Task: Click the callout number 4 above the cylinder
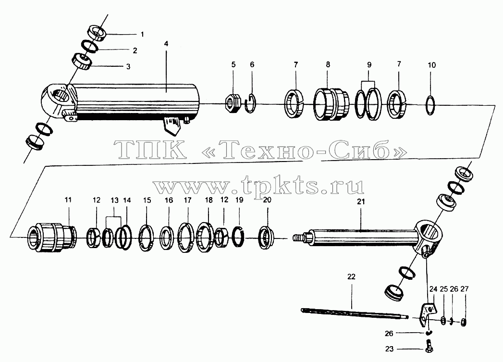166,44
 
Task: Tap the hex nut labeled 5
233,104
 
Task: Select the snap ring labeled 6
250,103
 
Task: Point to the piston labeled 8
331,104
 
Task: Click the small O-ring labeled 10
430,105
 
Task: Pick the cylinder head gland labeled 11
52,237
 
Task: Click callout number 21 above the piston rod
361,202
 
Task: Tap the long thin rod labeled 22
355,313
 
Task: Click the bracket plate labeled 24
429,312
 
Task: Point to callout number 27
464,289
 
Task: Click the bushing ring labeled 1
97,33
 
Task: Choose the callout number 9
369,65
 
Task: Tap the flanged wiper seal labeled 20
266,238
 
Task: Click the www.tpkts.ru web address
258,186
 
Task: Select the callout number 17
188,200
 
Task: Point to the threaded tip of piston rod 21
298,238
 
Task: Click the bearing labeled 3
82,61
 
